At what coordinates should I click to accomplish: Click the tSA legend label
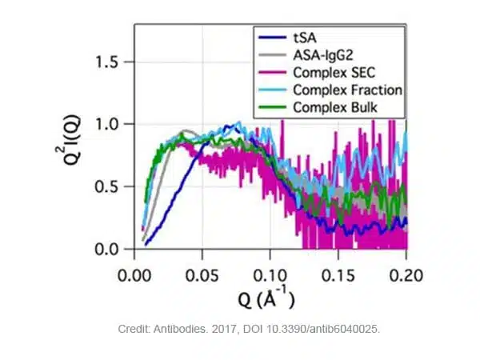(x=306, y=36)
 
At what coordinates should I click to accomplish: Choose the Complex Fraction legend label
(x=346, y=89)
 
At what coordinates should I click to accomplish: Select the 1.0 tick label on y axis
(x=109, y=125)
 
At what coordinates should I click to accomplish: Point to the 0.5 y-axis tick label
(x=109, y=187)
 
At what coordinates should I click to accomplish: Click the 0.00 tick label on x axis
(x=134, y=272)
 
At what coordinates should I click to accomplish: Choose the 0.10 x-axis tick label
(x=270, y=272)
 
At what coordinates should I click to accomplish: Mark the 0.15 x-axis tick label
(x=338, y=272)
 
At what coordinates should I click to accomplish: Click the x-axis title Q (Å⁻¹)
(x=267, y=300)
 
